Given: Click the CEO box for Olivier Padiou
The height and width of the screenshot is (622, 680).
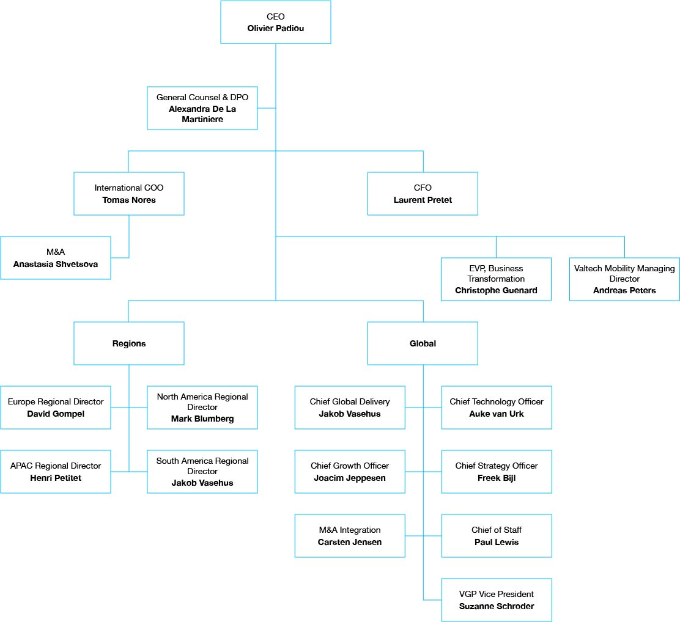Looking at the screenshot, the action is click(x=275, y=22).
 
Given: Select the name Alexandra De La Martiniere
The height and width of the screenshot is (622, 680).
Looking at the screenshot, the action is click(x=202, y=114).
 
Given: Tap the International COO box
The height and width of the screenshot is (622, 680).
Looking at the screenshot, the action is click(x=129, y=194).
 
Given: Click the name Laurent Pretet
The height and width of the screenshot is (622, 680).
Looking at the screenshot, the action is click(x=423, y=200).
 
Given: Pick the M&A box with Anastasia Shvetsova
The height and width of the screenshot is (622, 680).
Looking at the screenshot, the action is click(x=56, y=258).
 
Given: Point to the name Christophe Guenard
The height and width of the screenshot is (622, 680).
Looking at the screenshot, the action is click(x=496, y=290).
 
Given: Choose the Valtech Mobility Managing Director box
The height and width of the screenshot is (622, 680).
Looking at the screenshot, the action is click(x=624, y=279).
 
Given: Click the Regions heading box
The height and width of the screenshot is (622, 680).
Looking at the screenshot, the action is click(x=129, y=343).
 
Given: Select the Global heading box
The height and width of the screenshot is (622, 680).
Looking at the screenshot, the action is click(x=423, y=343).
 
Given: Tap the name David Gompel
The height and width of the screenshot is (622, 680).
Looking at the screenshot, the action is click(x=56, y=414).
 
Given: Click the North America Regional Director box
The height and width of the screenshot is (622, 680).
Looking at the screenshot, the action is click(x=202, y=408).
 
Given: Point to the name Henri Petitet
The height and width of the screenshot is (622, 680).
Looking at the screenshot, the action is click(x=56, y=478).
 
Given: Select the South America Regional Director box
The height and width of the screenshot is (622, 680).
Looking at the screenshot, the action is click(x=202, y=472).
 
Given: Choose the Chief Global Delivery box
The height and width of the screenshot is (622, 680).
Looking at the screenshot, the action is click(x=350, y=408).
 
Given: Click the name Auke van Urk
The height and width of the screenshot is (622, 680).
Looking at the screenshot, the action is click(x=497, y=414).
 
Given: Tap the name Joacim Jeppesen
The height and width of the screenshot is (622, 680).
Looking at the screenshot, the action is click(x=350, y=478).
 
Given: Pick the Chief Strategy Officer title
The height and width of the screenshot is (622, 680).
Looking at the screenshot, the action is click(x=497, y=466).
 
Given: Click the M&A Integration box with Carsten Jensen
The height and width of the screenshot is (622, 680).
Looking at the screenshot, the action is click(x=350, y=536).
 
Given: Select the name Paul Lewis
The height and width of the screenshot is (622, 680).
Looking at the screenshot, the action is click(x=497, y=542).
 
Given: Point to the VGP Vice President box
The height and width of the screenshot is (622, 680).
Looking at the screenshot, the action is click(x=497, y=600).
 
